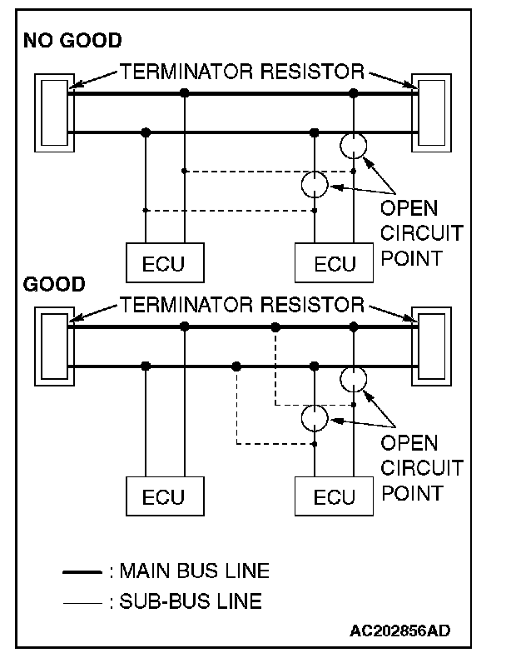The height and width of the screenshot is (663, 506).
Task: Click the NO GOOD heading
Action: click(72, 40)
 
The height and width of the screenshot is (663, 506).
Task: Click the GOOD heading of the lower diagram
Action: click(54, 284)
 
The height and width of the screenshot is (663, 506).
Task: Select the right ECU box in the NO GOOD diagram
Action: click(335, 263)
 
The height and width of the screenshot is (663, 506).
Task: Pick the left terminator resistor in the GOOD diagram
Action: click(53, 346)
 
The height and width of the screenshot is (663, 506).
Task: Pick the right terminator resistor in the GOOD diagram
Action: click(435, 346)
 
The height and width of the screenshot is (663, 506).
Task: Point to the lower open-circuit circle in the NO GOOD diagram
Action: click(315, 184)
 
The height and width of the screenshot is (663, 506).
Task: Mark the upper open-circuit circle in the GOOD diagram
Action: click(354, 380)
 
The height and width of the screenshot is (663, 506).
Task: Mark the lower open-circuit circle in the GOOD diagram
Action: click(315, 417)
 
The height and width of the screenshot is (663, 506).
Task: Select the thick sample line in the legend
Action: click(83, 572)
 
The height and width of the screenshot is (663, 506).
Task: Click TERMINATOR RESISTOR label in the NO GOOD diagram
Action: click(242, 72)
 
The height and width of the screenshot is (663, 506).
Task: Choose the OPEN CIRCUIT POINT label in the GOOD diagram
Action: click(420, 466)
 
